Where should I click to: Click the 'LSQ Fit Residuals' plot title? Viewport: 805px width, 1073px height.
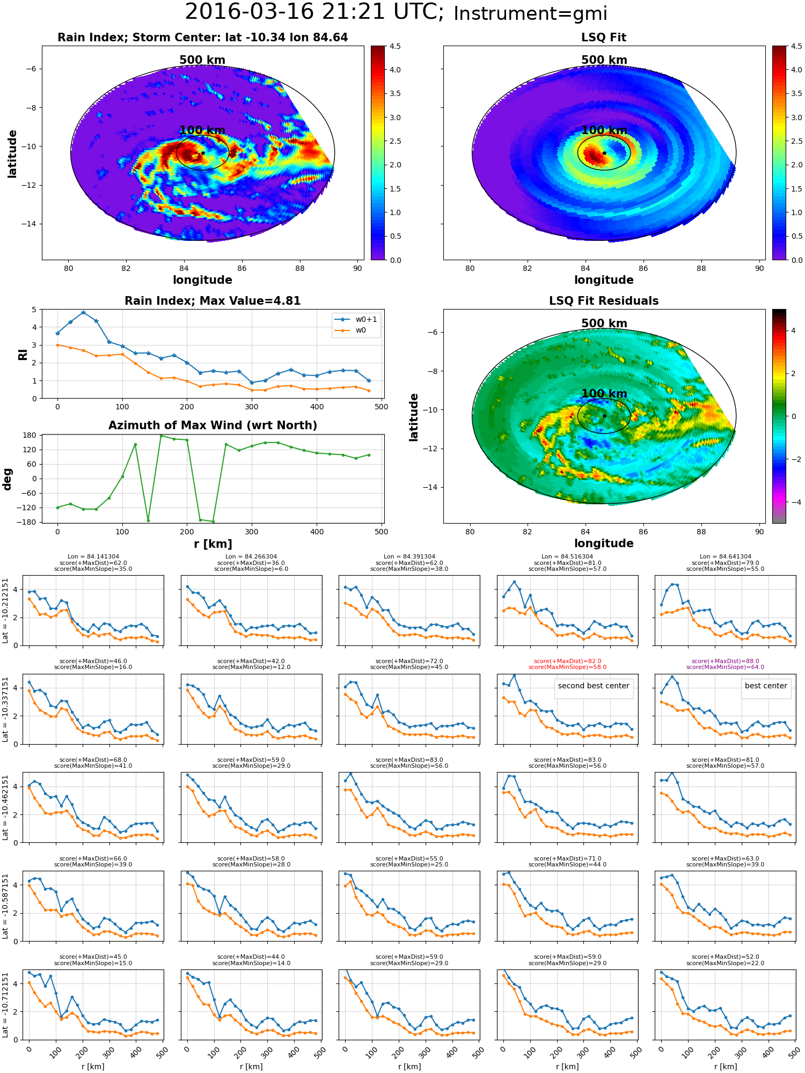(604, 301)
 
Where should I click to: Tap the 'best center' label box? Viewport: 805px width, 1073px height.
(766, 686)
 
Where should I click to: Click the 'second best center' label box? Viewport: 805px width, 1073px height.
(594, 686)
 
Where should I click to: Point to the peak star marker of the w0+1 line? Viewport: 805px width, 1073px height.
(83, 312)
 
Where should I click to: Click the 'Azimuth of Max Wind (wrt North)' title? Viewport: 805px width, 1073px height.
(213, 425)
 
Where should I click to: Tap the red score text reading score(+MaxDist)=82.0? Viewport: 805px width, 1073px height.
(567, 661)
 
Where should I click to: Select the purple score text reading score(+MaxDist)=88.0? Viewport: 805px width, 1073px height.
(725, 661)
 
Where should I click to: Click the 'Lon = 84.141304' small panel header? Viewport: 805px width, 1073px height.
(93, 557)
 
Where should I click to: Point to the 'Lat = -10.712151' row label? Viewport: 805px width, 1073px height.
(5, 1004)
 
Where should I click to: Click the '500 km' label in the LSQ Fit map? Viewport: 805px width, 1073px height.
(604, 60)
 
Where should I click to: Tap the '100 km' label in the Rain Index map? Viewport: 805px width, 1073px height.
(202, 130)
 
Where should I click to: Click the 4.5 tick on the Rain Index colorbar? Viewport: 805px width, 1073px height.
(395, 46)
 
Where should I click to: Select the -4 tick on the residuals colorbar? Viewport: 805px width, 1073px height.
(793, 502)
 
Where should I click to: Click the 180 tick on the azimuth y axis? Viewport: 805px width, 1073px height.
(30, 435)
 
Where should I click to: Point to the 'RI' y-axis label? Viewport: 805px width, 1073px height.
(23, 354)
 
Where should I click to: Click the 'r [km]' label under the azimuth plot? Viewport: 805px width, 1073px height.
(213, 544)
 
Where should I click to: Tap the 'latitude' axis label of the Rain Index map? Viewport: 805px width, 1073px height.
(12, 153)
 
